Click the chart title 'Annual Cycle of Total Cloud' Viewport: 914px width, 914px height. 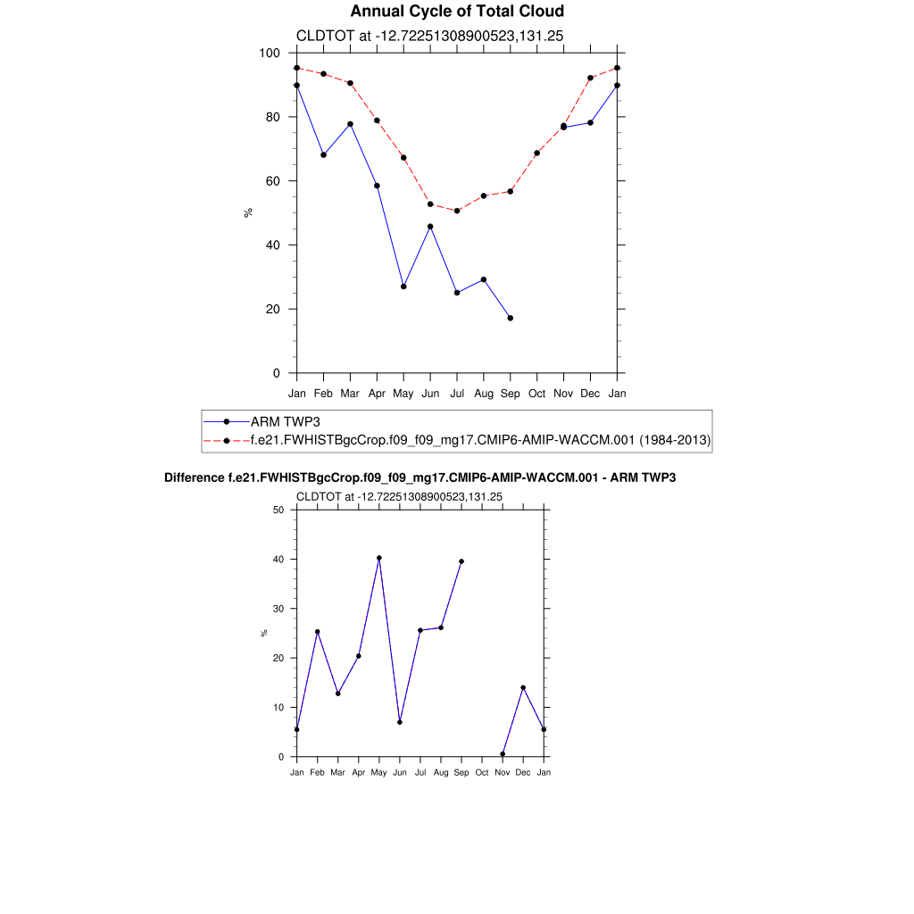[x=457, y=12]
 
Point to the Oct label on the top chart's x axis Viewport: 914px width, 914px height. [x=536, y=394]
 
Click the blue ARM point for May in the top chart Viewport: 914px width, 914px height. [x=403, y=287]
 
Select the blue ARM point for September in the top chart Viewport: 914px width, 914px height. [x=511, y=318]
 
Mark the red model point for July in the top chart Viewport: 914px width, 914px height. [x=457, y=211]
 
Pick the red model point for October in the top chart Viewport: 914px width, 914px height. [x=536, y=154]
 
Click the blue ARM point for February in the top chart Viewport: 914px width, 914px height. [x=323, y=155]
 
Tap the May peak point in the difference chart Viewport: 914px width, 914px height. [x=379, y=558]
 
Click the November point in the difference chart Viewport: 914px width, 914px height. [x=503, y=754]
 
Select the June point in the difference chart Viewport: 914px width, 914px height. [x=400, y=722]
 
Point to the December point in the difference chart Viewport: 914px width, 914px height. [x=523, y=687]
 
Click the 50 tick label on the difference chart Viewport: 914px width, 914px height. [x=278, y=511]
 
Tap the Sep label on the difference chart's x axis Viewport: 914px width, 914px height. [x=461, y=773]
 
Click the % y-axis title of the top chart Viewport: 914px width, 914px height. [x=248, y=212]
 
